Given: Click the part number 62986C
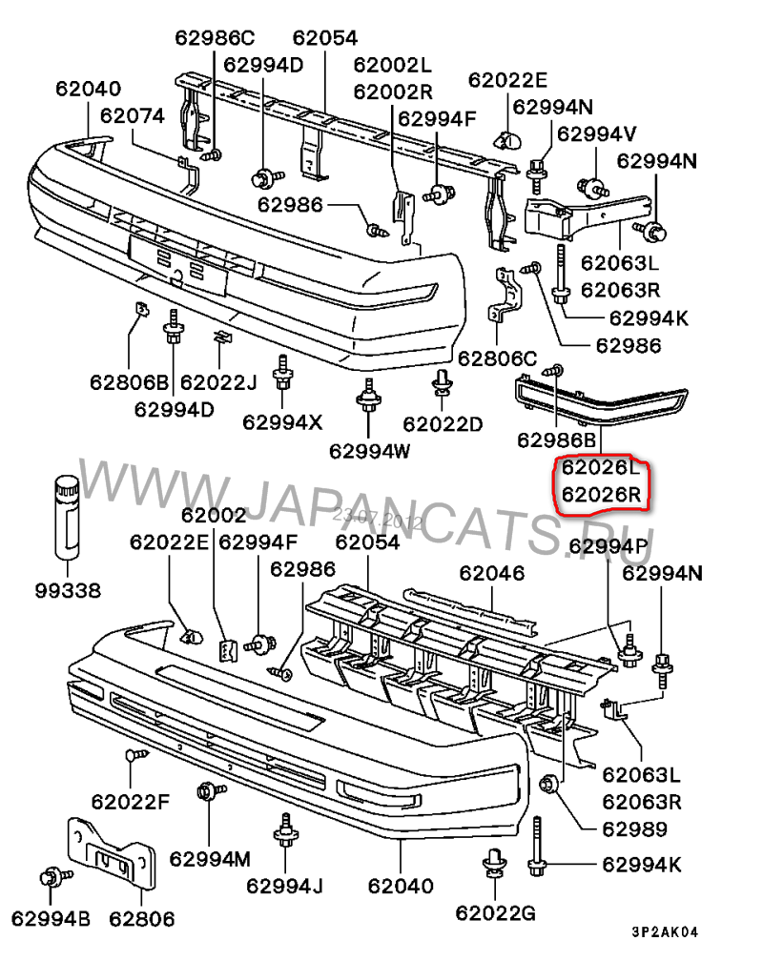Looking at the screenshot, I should [x=215, y=38].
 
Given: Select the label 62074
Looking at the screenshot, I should [x=133, y=115].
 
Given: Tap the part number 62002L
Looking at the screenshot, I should [x=393, y=65].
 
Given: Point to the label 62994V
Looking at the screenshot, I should [x=597, y=133].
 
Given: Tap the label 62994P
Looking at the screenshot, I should [x=608, y=546].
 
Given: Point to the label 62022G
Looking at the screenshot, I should [x=495, y=912].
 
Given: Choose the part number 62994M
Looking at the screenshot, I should [x=210, y=858].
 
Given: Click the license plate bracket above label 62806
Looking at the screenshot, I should [x=111, y=857].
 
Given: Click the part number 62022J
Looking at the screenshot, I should [x=219, y=383].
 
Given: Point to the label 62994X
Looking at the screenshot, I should [x=283, y=421].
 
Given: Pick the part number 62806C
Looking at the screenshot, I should [x=498, y=358].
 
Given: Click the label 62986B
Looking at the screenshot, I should [x=557, y=440].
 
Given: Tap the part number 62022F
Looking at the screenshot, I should [x=131, y=801].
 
